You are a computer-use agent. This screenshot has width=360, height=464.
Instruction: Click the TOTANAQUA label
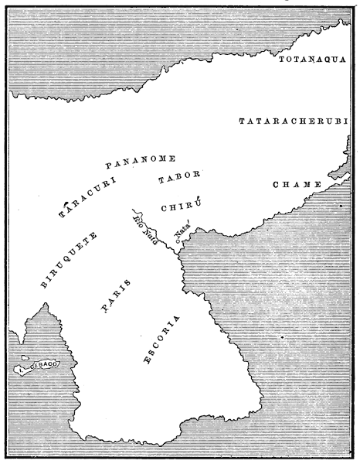click(x=315, y=59)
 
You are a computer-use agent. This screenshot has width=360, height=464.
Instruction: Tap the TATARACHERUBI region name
click(x=294, y=121)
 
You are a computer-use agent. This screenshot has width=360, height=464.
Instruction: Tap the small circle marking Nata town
click(x=177, y=244)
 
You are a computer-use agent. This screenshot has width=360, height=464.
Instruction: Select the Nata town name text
click(x=185, y=235)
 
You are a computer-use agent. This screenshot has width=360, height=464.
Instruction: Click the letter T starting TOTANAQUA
click(x=281, y=59)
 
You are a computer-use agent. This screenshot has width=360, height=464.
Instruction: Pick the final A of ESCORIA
click(x=178, y=318)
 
